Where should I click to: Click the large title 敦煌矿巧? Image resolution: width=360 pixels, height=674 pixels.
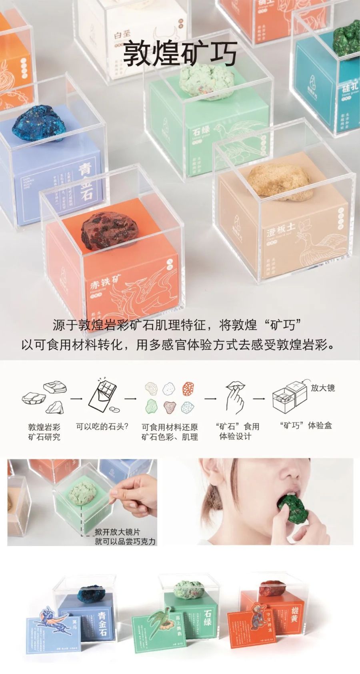coord(180,54)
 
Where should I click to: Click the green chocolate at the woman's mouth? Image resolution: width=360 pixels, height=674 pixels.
coord(294,507)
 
